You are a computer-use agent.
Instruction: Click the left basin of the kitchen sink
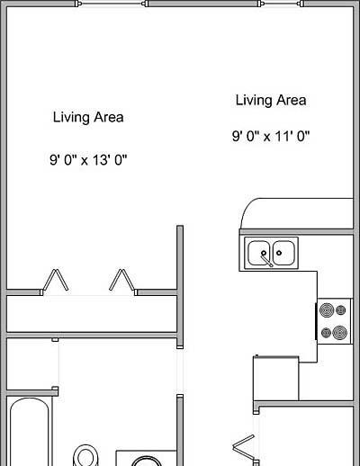pos(259,253)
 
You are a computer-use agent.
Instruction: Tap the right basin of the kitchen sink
pos(283,253)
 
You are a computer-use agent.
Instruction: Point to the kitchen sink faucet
pos(266,259)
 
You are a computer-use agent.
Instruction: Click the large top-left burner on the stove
pos(327,310)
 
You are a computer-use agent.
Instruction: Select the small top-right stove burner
pos(341,310)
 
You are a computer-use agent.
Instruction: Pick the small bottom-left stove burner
pos(326,333)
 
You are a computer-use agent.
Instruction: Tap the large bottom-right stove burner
pos(340,333)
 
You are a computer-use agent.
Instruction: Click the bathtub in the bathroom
pos(30,432)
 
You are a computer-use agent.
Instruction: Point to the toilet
pos(85,456)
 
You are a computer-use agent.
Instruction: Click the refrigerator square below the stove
pos(276,378)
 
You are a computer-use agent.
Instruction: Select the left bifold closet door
pos(56,281)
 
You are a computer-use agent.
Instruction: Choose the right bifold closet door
pos(121,281)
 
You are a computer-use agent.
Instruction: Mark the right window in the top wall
pos(281,4)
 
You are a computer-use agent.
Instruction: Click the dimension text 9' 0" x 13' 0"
pos(88,160)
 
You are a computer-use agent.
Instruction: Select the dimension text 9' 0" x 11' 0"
pos(271,137)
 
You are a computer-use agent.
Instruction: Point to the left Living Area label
pos(88,117)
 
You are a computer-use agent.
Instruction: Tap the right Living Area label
pos(271,100)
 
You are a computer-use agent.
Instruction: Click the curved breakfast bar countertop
pos(296,213)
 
